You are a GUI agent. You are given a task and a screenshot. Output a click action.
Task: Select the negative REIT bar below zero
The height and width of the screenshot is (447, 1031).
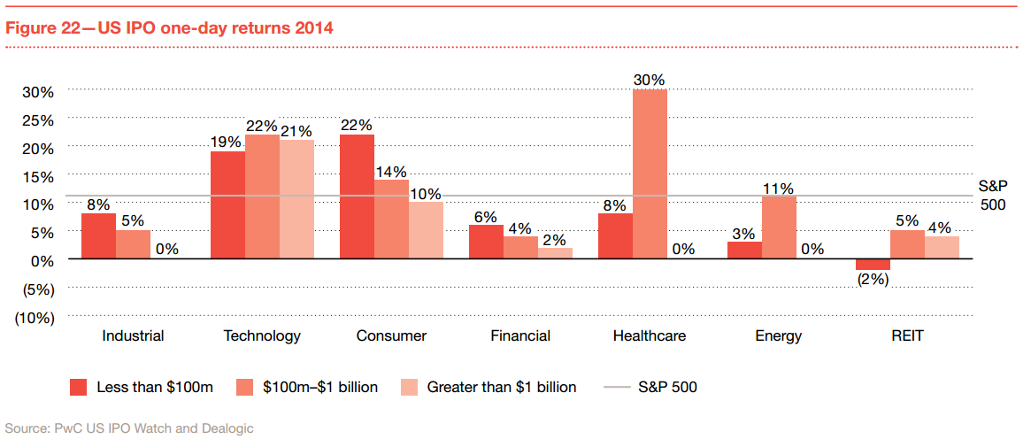[873, 265]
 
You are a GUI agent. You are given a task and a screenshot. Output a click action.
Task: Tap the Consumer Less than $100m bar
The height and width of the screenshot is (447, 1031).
[357, 197]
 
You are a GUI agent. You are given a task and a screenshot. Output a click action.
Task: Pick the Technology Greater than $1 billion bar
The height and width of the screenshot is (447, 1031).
[296, 199]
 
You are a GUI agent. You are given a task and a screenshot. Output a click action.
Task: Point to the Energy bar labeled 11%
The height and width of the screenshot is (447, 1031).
[779, 227]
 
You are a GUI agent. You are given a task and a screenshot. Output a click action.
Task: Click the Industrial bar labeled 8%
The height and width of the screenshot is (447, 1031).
[98, 236]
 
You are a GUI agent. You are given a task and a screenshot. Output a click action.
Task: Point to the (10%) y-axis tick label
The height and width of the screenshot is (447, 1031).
[35, 317]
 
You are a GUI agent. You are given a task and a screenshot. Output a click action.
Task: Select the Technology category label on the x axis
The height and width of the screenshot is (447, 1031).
[262, 336]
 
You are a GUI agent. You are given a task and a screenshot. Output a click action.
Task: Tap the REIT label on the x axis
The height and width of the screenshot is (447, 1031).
[907, 336]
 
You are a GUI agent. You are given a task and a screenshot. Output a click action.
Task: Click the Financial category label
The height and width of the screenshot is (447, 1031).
[520, 336]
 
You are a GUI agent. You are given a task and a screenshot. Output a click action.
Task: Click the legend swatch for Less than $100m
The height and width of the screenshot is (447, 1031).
[79, 387]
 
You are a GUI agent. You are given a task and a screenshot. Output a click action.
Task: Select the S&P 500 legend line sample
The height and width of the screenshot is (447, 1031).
[617, 387]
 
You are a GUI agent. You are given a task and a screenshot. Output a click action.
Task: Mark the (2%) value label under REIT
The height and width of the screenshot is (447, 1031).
[872, 279]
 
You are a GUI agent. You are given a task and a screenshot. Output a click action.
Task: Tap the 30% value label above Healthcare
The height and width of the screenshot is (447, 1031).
[650, 80]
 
